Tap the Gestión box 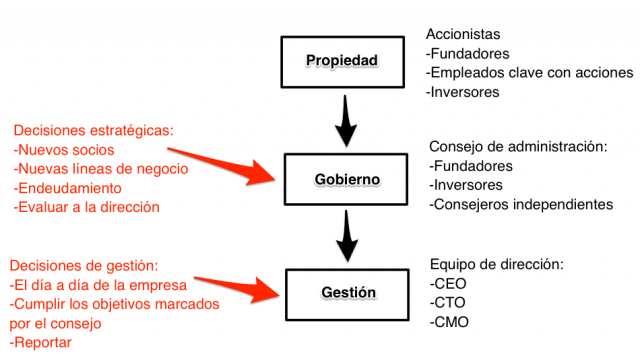[x=348, y=293]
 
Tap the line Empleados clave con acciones [x=529, y=73]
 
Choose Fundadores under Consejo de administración [x=471, y=165]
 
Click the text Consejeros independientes [x=520, y=204]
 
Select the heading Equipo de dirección [x=496, y=264]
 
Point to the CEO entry [x=447, y=283]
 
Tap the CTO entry [x=447, y=303]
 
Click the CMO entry [x=448, y=322]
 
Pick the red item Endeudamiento [x=68, y=188]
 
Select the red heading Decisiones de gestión [x=84, y=265]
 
